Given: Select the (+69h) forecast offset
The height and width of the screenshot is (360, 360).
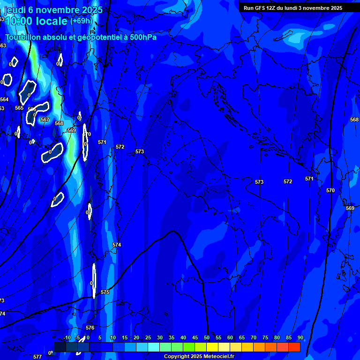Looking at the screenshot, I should click(x=81, y=21).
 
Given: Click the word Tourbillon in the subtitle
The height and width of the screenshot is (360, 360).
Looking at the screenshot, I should click(x=23, y=37).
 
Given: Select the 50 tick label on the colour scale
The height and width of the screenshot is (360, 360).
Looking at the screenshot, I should click(x=207, y=338).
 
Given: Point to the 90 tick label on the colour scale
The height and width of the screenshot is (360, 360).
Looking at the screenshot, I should click(x=300, y=338).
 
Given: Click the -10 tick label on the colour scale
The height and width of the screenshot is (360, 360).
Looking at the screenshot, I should click(x=67, y=338).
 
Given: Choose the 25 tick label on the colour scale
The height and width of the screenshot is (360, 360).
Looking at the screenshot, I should click(x=148, y=338).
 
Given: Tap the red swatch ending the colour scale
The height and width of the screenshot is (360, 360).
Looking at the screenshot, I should click(x=294, y=347).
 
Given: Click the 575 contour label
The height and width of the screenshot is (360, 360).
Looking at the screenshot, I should click(x=105, y=292).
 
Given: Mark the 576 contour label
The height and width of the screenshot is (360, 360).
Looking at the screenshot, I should click(x=90, y=328).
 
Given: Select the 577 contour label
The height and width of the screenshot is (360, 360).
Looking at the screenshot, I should click(x=37, y=357).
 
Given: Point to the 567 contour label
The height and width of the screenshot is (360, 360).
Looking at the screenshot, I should click(x=45, y=120).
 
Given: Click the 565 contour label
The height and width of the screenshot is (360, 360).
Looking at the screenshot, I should click(x=19, y=108).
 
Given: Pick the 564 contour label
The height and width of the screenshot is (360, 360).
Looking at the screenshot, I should click(x=4, y=99).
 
